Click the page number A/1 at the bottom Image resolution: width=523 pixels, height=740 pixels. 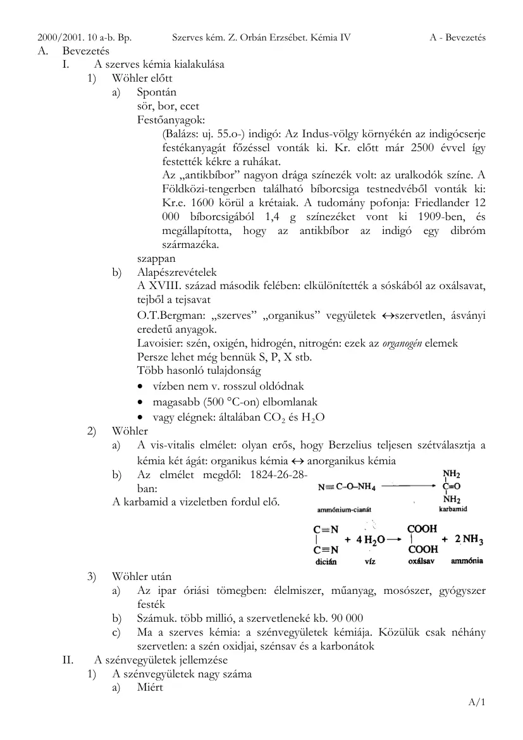coord(476,702)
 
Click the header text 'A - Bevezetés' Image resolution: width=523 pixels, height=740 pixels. coord(457,37)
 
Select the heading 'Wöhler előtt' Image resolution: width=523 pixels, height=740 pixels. coord(142,78)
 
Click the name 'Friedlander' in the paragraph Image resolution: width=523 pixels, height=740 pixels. coord(438,202)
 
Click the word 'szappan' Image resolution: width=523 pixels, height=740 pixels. coord(156,259)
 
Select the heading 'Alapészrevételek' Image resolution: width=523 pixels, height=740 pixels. coord(176,273)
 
